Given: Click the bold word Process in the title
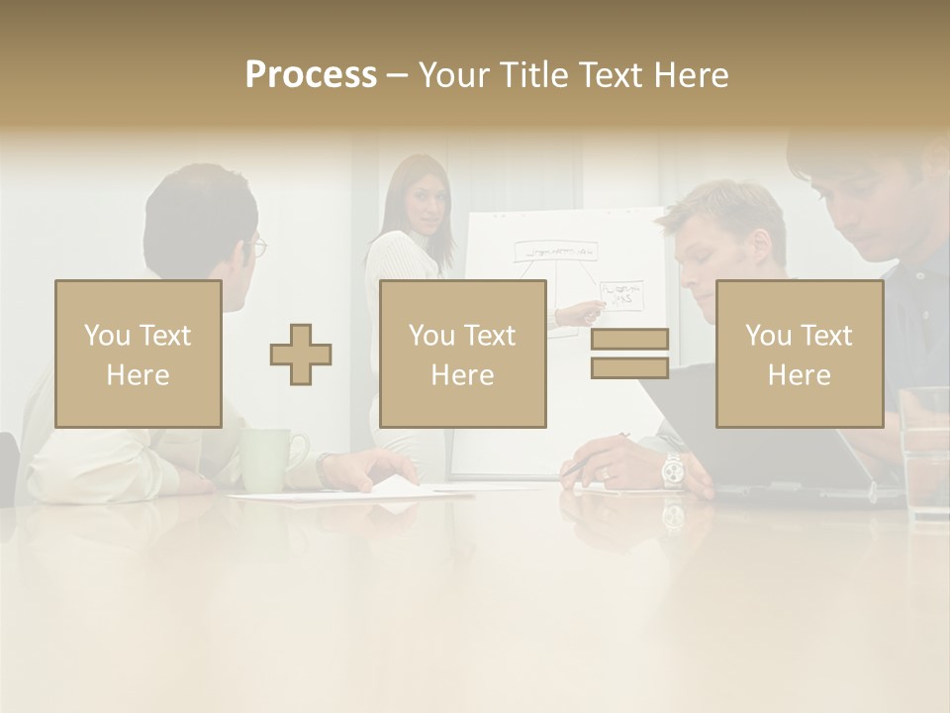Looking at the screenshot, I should point(311,75).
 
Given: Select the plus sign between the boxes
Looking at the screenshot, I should point(301,354).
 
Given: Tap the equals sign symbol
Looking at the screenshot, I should point(629,354).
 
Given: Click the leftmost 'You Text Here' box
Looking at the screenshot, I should point(139,354).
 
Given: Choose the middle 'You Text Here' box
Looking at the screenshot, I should point(463,354).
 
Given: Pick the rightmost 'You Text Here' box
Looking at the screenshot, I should point(800,354).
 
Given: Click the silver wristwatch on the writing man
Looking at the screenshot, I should point(673,468).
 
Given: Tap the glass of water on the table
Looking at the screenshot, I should point(924,452).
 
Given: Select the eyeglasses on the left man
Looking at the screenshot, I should point(258,246).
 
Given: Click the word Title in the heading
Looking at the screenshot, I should point(536,75).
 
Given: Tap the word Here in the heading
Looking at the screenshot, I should point(693,75).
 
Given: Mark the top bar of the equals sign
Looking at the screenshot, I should point(629,339).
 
